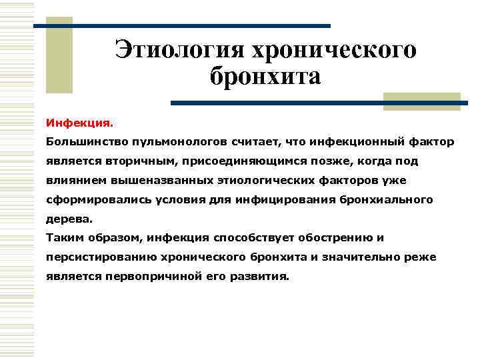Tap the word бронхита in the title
(x=265, y=76)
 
